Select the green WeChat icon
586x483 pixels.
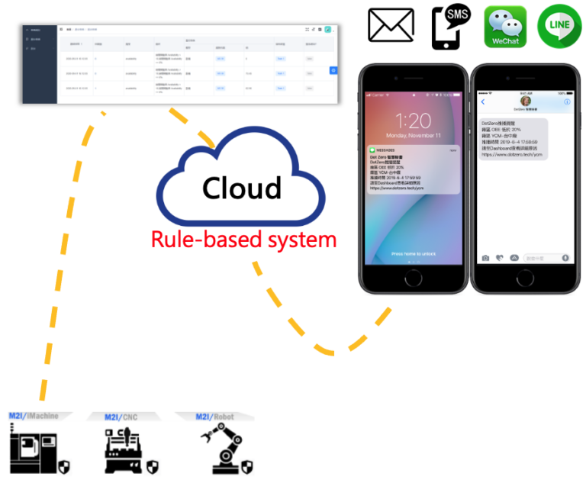tap(506, 27)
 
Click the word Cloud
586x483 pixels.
tap(241, 188)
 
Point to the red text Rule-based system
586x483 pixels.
tap(243, 240)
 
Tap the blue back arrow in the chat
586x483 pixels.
tap(482, 101)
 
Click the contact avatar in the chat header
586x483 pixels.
tap(525, 100)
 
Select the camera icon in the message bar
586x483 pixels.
tap(485, 258)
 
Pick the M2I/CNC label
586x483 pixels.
tap(116, 417)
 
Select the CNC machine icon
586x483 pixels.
tap(124, 450)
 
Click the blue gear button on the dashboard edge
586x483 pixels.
tap(333, 70)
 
